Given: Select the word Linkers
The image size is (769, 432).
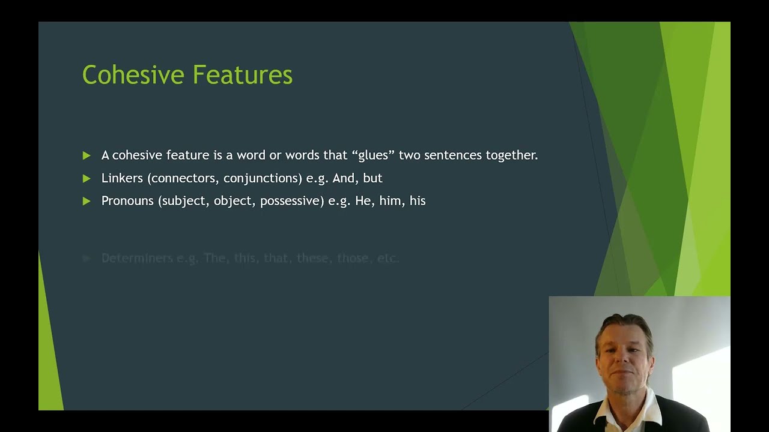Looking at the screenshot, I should click(x=122, y=178).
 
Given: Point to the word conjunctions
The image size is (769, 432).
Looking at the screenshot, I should click(x=263, y=179).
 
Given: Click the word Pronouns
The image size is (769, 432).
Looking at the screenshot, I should click(x=127, y=201).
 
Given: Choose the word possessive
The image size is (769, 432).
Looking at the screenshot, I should click(x=292, y=202).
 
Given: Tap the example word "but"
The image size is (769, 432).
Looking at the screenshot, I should click(x=372, y=178).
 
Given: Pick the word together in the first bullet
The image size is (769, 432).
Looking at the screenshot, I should click(x=511, y=155).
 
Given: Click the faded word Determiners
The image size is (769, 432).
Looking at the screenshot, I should click(x=137, y=258).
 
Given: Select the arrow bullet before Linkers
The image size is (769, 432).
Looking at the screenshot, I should click(x=87, y=178).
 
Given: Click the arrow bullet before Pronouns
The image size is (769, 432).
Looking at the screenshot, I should click(x=87, y=201).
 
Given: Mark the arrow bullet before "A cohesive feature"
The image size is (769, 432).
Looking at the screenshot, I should click(x=87, y=155).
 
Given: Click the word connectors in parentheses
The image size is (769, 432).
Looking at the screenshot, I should click(x=184, y=178).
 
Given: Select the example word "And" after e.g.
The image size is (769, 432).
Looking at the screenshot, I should click(x=344, y=178).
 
